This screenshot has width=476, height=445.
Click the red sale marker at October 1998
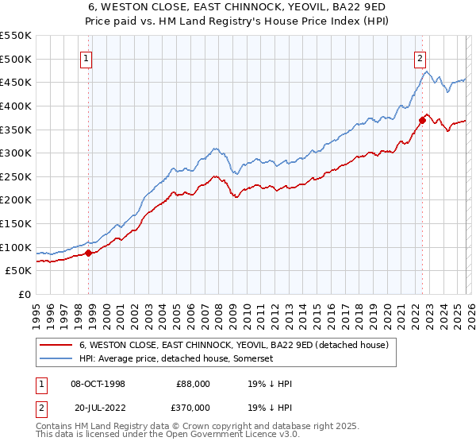click(x=89, y=253)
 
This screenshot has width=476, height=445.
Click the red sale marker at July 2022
click(x=422, y=120)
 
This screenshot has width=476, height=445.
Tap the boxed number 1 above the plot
click(x=86, y=57)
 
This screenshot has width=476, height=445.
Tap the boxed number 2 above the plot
click(x=419, y=57)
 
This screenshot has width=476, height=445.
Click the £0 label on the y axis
click(x=24, y=295)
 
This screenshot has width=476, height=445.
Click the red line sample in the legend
click(x=56, y=346)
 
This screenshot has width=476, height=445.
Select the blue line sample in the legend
click(x=56, y=359)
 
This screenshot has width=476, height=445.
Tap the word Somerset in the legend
click(x=251, y=359)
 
